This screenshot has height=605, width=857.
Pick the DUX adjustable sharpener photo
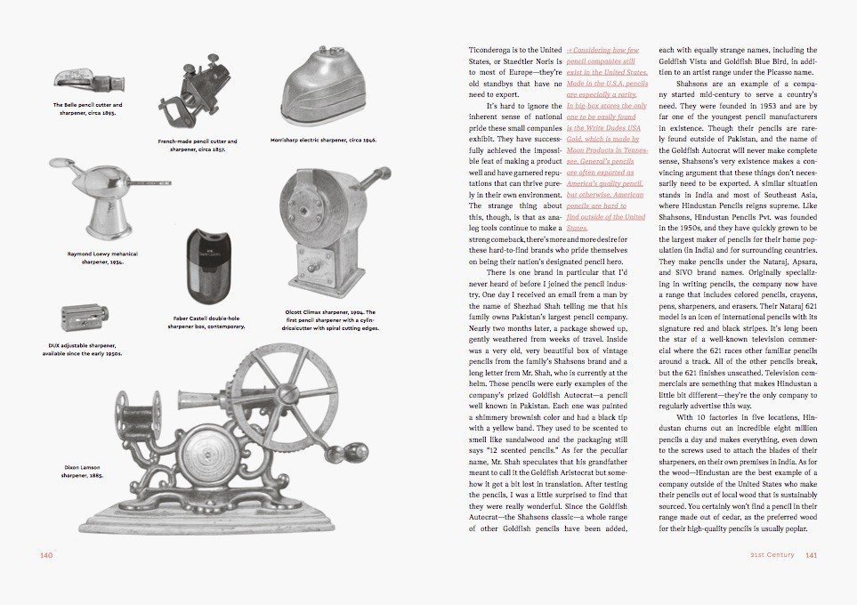84,317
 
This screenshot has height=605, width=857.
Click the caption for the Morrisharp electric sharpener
323,140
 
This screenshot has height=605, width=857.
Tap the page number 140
48,555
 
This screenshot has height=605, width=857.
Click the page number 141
811,555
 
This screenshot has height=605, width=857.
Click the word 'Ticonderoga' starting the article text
492,50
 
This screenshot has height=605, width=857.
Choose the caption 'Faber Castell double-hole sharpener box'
206,322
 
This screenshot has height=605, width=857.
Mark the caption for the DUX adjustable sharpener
82,349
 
